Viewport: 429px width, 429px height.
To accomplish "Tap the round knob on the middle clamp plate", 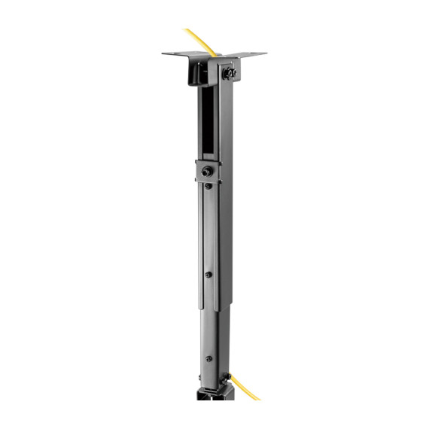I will point(207,172).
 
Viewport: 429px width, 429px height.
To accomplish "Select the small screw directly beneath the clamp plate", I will point(208,187).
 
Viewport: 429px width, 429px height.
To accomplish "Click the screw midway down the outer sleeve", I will point(208,275).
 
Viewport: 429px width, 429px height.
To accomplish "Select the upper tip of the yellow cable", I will point(186,30).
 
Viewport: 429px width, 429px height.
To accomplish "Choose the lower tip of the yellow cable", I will point(257,398).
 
